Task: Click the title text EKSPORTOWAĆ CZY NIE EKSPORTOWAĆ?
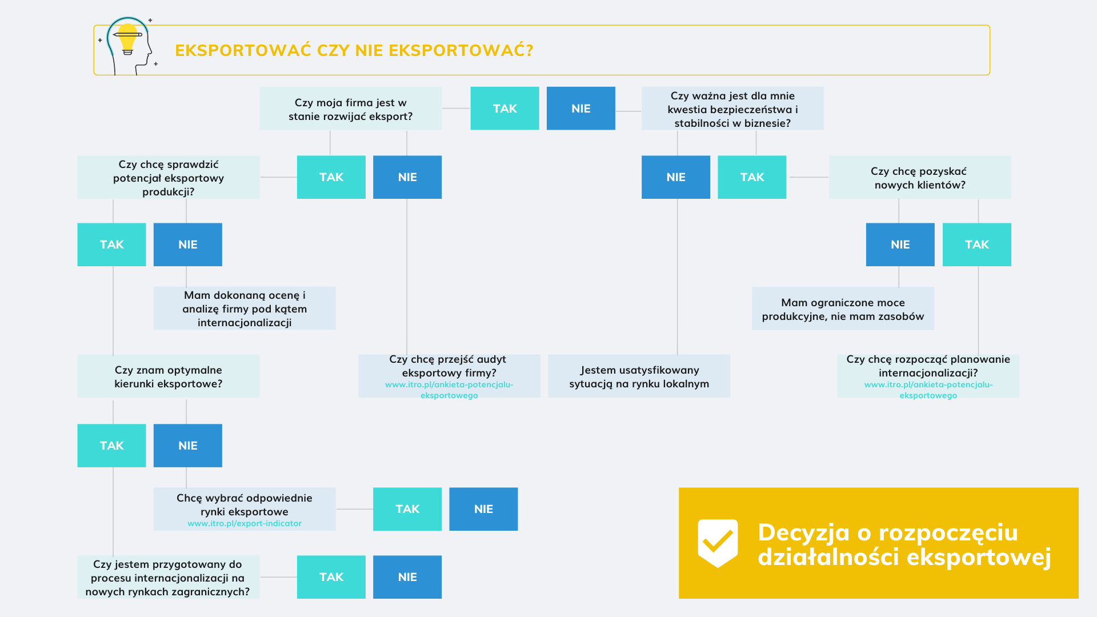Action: (354, 50)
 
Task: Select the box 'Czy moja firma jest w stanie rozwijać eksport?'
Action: (350, 109)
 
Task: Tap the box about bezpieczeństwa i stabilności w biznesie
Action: (732, 109)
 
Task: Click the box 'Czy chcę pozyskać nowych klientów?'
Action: (919, 178)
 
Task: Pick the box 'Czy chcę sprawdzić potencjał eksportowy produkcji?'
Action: (168, 178)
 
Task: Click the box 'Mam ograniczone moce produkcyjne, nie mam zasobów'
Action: (842, 309)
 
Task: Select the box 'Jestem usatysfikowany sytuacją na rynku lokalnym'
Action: (638, 376)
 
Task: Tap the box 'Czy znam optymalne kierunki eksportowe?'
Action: (168, 376)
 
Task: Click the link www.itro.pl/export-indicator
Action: (244, 523)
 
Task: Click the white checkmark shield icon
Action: (718, 543)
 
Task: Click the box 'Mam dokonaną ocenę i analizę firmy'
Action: (244, 308)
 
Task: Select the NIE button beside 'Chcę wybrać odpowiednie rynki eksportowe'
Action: (483, 509)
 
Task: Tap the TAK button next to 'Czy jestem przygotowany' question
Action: (331, 577)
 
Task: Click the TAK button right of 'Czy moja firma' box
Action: (505, 109)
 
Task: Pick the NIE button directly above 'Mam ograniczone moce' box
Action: (900, 245)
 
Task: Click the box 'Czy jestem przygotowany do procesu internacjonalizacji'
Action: (168, 578)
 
